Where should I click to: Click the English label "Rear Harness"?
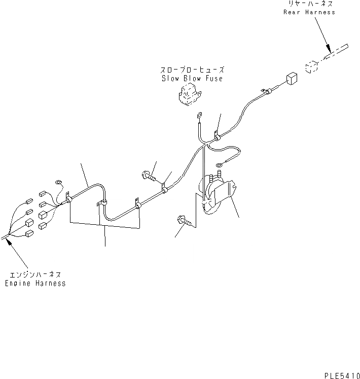pos(309,12)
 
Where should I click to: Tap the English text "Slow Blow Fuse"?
pos(192,79)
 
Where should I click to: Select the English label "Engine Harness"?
pos(35,284)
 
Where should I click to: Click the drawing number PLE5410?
pos(341,374)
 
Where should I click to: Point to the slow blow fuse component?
pos(189,94)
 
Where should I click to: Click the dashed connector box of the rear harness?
pos(311,66)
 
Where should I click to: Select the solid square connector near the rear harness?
pos(292,79)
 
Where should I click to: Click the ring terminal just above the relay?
pos(219,164)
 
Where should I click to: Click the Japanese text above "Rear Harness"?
pos(309,4)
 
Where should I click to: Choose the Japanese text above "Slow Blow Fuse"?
pos(192,71)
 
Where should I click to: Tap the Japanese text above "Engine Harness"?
pos(35,275)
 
